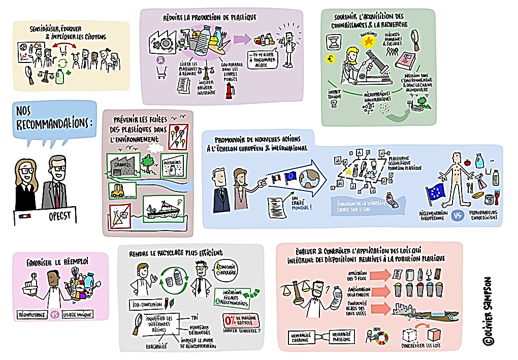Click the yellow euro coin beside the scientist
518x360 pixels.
tap(331, 59)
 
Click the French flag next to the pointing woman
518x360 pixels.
tap(276, 179)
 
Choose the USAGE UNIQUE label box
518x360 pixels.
tap(78, 314)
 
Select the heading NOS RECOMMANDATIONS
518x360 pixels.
tap(54, 117)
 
